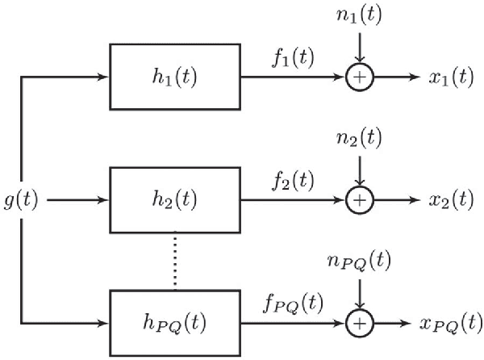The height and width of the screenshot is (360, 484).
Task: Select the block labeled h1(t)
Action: pyautogui.click(x=174, y=77)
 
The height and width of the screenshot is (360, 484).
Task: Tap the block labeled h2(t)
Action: pyautogui.click(x=174, y=199)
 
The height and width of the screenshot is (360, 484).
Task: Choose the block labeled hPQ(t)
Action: pyautogui.click(x=174, y=324)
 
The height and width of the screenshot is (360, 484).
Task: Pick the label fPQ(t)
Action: pyautogui.click(x=293, y=305)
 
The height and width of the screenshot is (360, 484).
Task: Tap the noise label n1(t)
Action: pyautogui.click(x=360, y=17)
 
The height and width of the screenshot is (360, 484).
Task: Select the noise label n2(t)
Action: pyautogui.click(x=360, y=138)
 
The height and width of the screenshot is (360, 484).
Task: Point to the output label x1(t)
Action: pyautogui.click(x=451, y=78)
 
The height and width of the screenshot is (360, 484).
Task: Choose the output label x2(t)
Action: pyautogui.click(x=451, y=199)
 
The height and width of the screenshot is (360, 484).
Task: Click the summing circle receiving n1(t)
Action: pyautogui.click(x=360, y=77)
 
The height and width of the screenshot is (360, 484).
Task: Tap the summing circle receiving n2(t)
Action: pyautogui.click(x=360, y=199)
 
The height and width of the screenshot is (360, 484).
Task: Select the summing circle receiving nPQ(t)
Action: pyautogui.click(x=360, y=324)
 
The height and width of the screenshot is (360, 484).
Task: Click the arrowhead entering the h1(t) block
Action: pyautogui.click(x=103, y=77)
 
